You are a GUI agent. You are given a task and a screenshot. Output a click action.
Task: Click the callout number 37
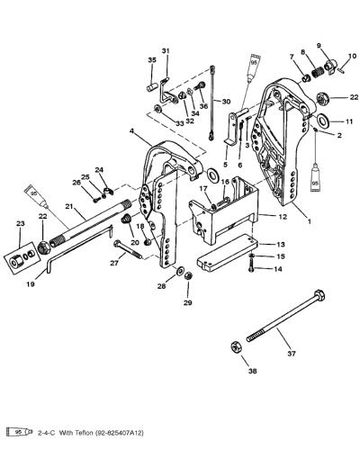coord(291,354)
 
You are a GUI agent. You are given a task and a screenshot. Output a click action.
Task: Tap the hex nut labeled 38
coord(236,347)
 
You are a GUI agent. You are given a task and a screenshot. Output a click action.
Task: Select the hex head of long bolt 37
coord(319,295)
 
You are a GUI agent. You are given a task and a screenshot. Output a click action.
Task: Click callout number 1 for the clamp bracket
coord(310,221)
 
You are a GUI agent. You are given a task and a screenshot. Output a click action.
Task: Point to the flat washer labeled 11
coord(323,121)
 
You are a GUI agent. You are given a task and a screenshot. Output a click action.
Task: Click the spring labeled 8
coord(318,74)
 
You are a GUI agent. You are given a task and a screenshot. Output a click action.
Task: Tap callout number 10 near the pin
coord(352,56)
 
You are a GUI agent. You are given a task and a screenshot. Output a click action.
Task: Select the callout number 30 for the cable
coord(226,102)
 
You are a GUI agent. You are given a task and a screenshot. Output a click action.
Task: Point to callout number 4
coord(131,131)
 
